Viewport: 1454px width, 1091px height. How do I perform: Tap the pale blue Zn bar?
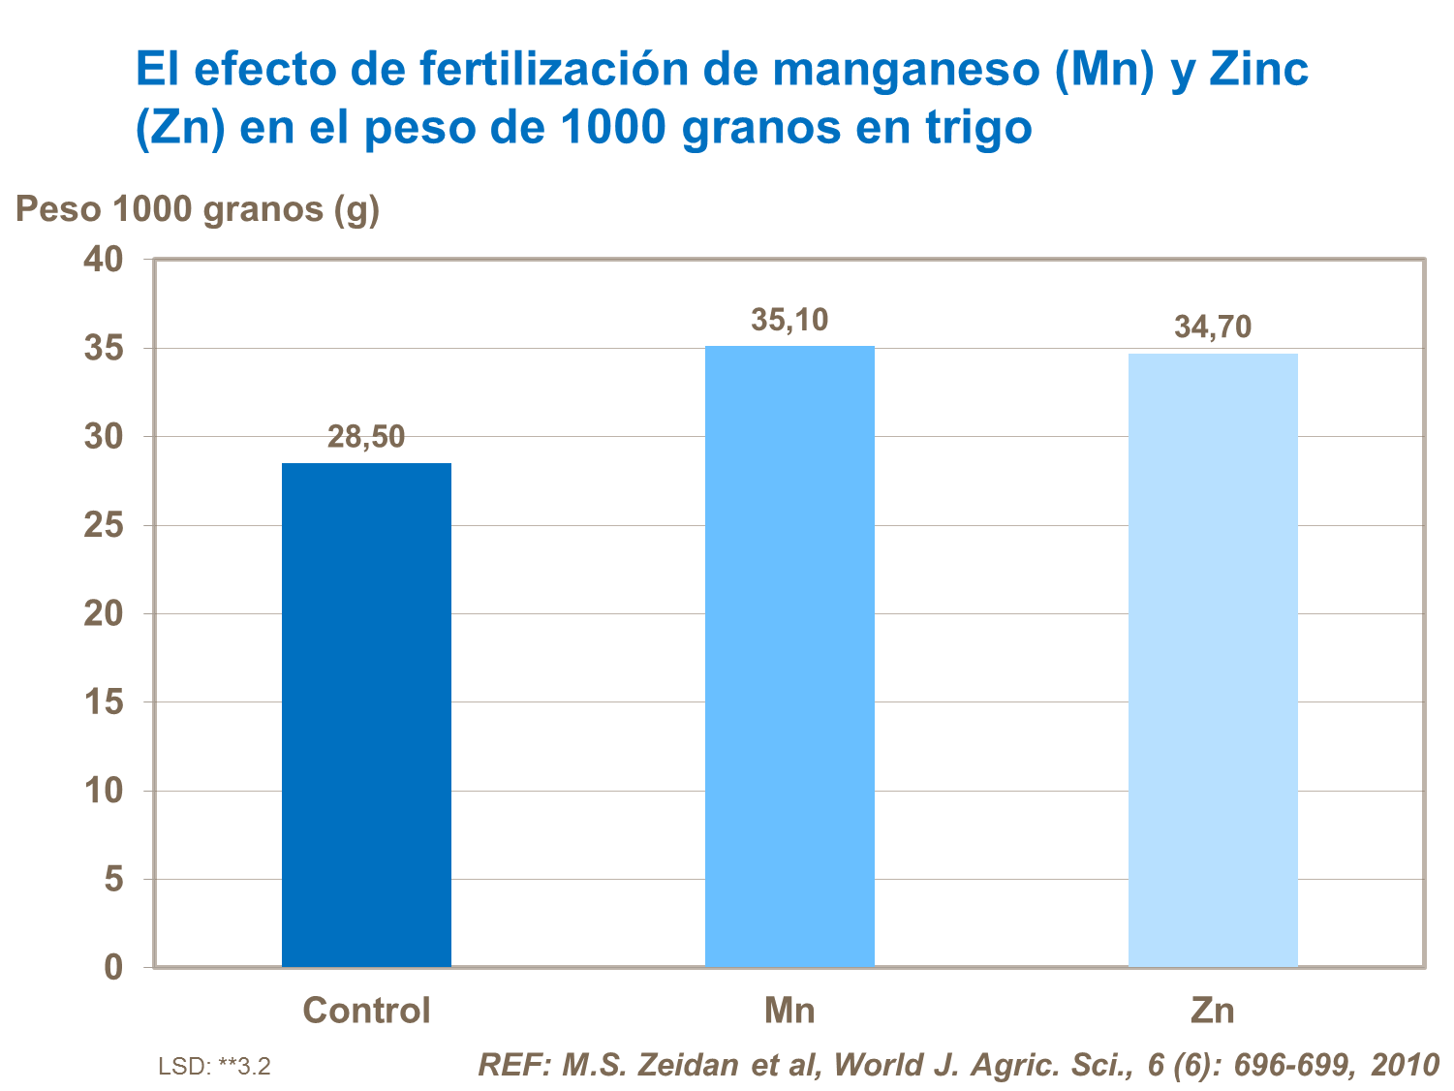[x=1213, y=660]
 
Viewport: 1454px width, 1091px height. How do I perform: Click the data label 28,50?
[x=366, y=437]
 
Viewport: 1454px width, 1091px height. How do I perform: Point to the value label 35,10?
[x=789, y=320]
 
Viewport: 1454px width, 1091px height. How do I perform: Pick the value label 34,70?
[x=1213, y=327]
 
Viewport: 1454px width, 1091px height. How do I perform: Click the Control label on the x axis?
[x=366, y=1011]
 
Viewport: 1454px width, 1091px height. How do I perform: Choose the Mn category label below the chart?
[x=789, y=1011]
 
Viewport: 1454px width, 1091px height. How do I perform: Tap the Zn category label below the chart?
[x=1213, y=1011]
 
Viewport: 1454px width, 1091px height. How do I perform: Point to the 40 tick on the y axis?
[x=104, y=260]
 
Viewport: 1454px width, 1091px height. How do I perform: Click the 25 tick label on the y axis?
[x=104, y=525]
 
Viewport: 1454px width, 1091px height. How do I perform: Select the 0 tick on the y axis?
[x=114, y=967]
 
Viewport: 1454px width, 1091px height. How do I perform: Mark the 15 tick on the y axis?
[x=104, y=701]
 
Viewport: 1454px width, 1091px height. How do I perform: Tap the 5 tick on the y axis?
[x=114, y=879]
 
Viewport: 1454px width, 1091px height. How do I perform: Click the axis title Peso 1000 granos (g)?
[x=198, y=209]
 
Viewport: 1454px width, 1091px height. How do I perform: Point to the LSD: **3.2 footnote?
[x=214, y=1067]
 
